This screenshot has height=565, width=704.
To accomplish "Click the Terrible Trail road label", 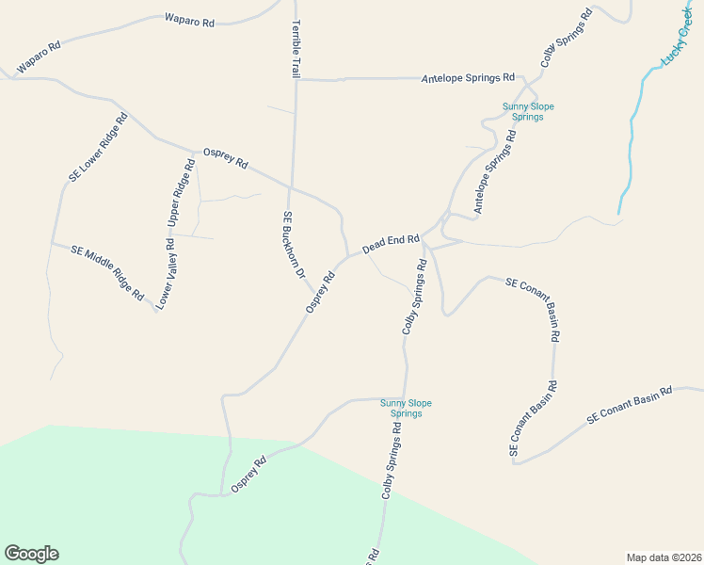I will coord(296,48).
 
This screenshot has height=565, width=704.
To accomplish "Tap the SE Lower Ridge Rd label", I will coord(98,149).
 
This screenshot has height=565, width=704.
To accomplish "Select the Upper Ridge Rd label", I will coord(181,194).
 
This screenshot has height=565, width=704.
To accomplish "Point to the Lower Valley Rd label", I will coord(167,275).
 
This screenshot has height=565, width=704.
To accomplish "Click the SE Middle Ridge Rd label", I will coord(108,272).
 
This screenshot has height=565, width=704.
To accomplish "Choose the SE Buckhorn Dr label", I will coord(295,245).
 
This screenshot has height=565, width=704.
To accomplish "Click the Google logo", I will coord(31,554).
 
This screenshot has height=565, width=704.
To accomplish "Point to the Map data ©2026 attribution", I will coord(664,557).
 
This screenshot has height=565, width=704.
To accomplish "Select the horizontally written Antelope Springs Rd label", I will coord(468,77).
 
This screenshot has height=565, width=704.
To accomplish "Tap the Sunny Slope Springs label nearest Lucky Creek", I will coord(528,112).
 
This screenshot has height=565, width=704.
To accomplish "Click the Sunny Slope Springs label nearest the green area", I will coord(406,409).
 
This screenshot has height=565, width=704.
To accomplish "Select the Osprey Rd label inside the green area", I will coord(249,475).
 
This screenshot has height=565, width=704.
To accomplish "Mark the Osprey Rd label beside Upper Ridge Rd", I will coord(225,158).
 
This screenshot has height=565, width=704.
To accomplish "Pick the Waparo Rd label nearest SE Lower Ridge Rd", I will coord(39,57).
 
